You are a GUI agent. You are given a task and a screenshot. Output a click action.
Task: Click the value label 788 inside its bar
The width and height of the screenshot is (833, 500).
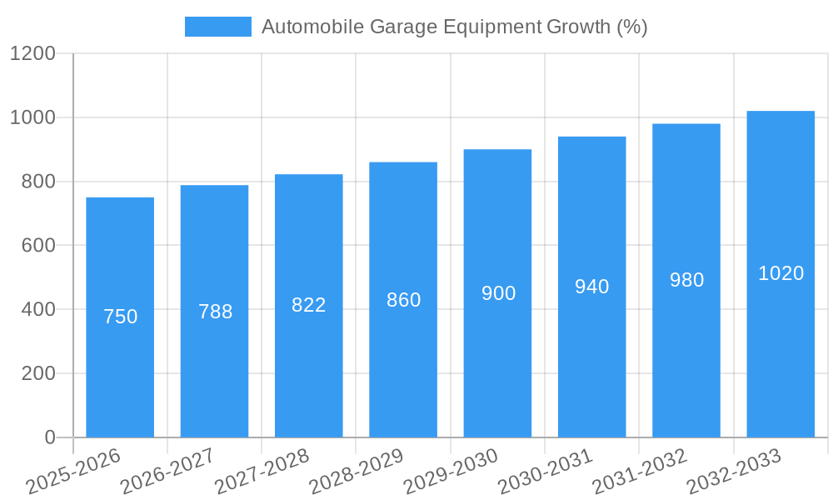215,312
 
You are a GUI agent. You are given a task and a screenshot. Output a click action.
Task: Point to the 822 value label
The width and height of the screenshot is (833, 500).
309,305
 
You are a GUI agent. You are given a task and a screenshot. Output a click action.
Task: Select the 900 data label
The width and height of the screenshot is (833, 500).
498,293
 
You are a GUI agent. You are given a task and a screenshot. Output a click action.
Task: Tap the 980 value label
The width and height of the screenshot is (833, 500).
686,280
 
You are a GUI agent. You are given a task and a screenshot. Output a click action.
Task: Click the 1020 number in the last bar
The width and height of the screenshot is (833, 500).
781,273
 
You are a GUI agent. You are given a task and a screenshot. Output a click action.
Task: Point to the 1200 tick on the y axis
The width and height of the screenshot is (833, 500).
32,53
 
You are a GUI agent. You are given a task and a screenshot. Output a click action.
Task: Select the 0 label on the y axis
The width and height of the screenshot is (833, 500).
49,437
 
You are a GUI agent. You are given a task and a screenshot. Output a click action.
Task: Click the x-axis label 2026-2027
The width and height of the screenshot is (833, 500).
167,472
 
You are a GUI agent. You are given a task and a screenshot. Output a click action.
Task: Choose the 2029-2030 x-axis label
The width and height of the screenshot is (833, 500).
450,472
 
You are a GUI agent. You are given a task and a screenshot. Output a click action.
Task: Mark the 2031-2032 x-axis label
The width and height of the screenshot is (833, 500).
639,472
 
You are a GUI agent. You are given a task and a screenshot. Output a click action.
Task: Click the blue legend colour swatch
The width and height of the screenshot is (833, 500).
217,27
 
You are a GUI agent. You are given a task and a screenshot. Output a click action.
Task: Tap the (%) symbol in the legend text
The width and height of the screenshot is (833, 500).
632,27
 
